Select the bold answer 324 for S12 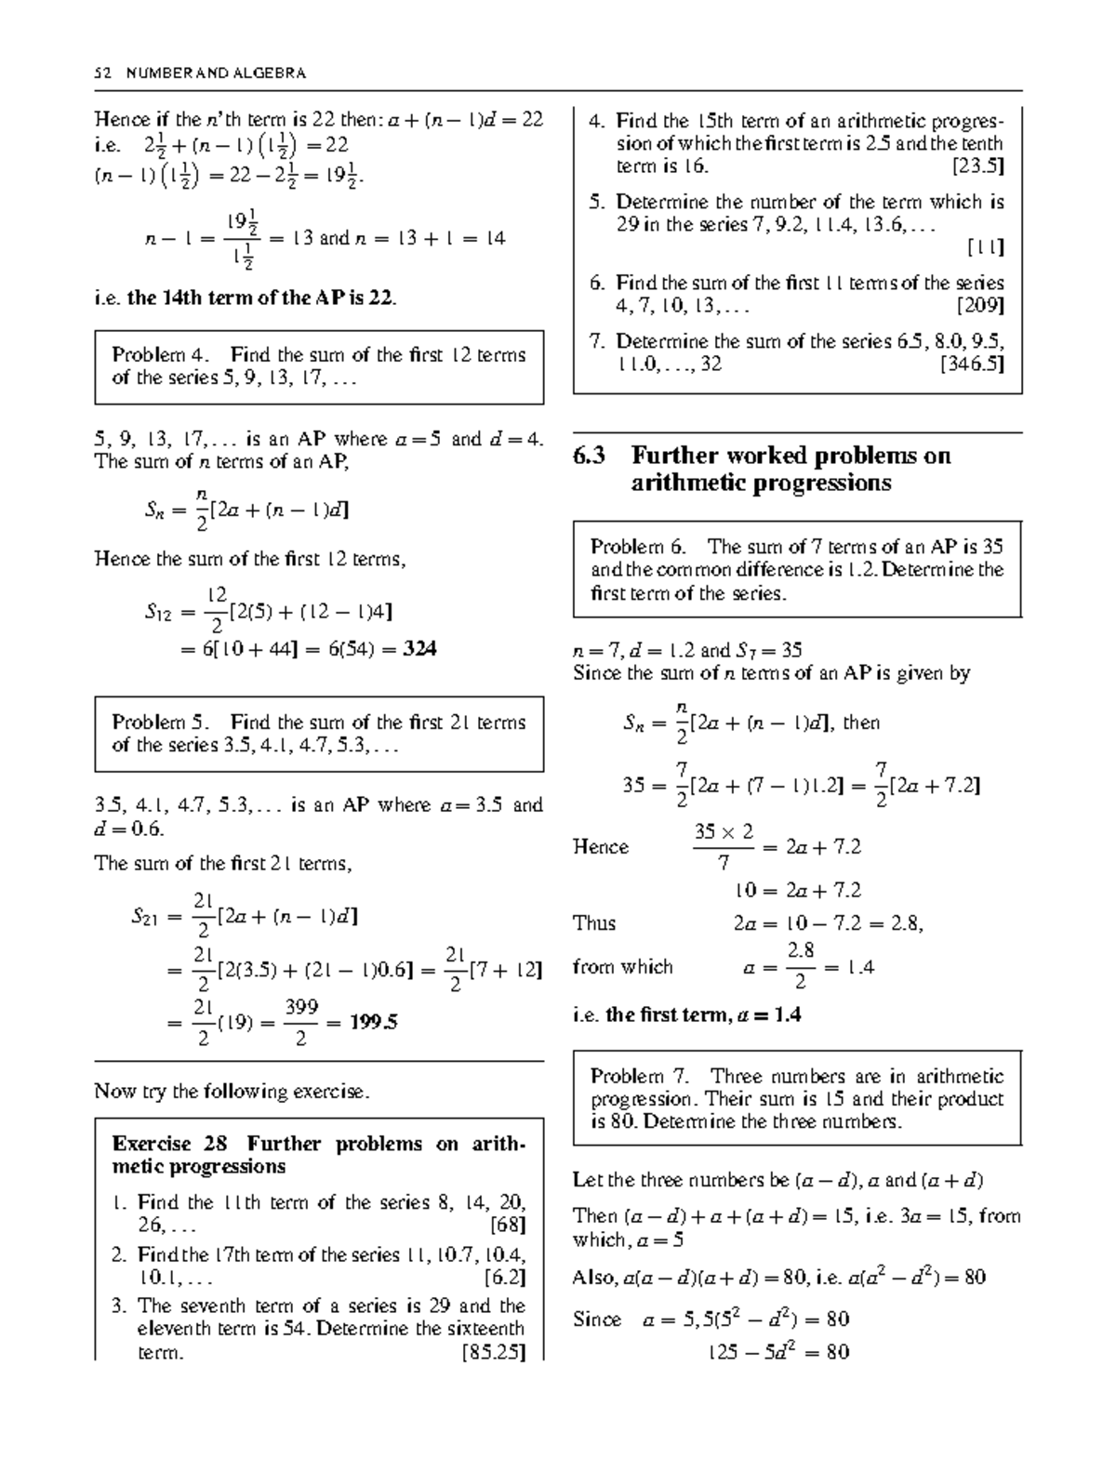419,649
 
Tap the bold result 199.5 374,1022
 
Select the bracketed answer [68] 507,1225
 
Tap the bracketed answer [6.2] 505,1277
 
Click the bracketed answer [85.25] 493,1352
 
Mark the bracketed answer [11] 985,247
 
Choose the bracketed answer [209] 980,305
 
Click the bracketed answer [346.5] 972,364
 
